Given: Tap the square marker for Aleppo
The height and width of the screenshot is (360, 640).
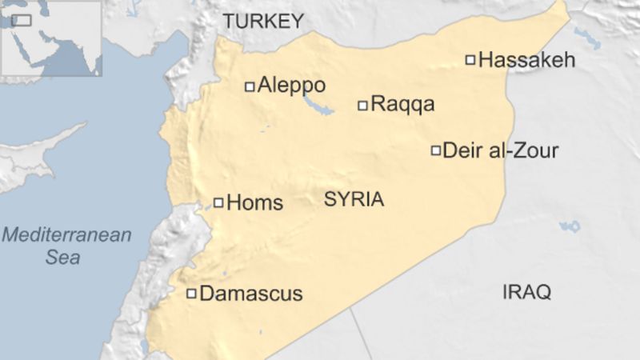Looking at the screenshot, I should tap(250, 86).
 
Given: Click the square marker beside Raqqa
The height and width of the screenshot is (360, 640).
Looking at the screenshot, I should tap(362, 105).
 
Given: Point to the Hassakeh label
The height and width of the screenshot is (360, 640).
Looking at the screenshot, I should tap(526, 60).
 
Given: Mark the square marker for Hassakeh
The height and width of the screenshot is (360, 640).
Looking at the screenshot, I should tap(470, 58).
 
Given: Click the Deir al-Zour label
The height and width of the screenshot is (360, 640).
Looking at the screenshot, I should tap(500, 150).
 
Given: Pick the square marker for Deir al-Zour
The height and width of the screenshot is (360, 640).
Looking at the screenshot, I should tap(436, 150).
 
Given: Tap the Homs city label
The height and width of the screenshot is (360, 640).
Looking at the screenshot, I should tap(255, 203).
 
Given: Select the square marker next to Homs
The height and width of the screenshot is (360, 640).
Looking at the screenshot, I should tap(218, 202).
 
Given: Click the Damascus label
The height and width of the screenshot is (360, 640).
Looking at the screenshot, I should tap(251, 294).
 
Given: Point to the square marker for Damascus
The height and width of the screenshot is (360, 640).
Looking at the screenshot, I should tap(192, 294).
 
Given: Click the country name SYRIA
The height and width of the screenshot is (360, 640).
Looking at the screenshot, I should tap(354, 200).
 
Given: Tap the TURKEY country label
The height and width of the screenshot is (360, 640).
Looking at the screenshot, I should tap(264, 22).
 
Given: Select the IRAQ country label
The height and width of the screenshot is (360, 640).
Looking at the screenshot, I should tap(526, 292).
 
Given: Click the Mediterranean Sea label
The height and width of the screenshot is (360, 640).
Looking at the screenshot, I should tap(66, 246).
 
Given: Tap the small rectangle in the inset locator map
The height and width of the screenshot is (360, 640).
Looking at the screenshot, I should tap(21, 19).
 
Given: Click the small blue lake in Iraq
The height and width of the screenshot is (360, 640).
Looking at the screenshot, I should tap(570, 227).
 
